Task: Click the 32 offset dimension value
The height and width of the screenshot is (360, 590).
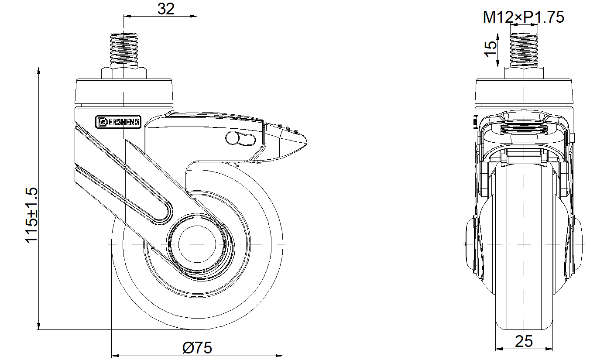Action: [x=166, y=9]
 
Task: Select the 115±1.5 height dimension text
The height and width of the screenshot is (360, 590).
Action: [x=31, y=215]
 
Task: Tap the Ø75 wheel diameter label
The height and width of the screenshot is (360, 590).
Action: [x=197, y=348]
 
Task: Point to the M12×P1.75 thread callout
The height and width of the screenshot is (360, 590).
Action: [x=523, y=17]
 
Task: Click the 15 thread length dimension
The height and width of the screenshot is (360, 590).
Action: [x=491, y=49]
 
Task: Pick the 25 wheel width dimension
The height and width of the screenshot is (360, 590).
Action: [x=524, y=341]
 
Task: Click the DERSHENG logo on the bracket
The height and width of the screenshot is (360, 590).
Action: [x=118, y=122]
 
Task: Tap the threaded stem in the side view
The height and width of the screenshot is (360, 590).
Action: [x=124, y=50]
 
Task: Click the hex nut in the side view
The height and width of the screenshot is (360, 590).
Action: [x=124, y=73]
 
